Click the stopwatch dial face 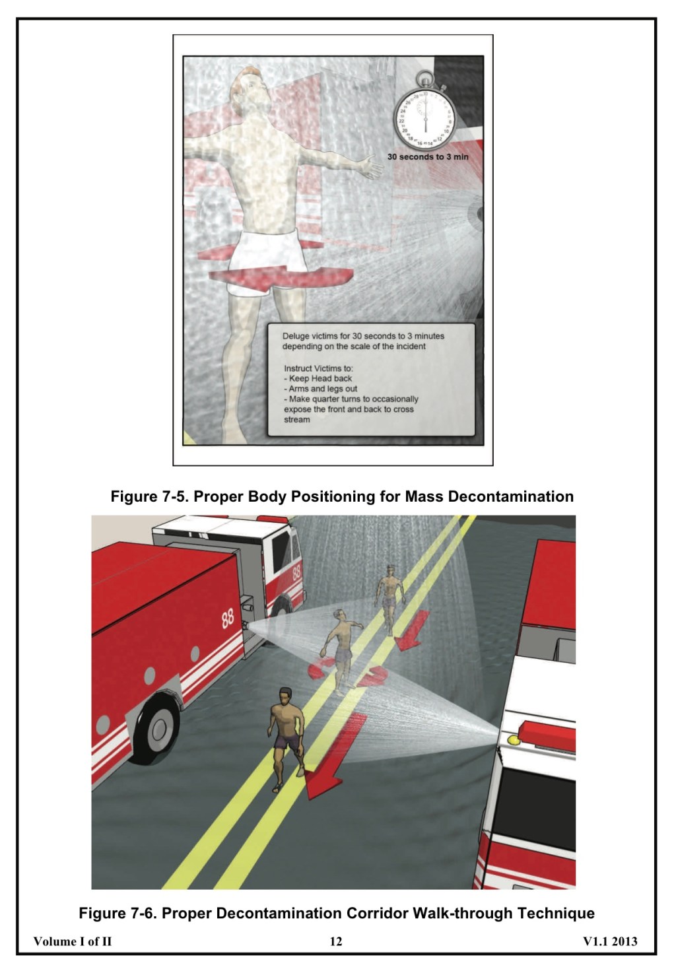point(425,119)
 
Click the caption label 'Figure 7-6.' point(118,914)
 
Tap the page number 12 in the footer point(336,941)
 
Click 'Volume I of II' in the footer point(73,941)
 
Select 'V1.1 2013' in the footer point(610,941)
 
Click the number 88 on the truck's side point(228,619)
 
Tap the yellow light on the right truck point(513,740)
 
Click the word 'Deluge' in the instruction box point(295,336)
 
